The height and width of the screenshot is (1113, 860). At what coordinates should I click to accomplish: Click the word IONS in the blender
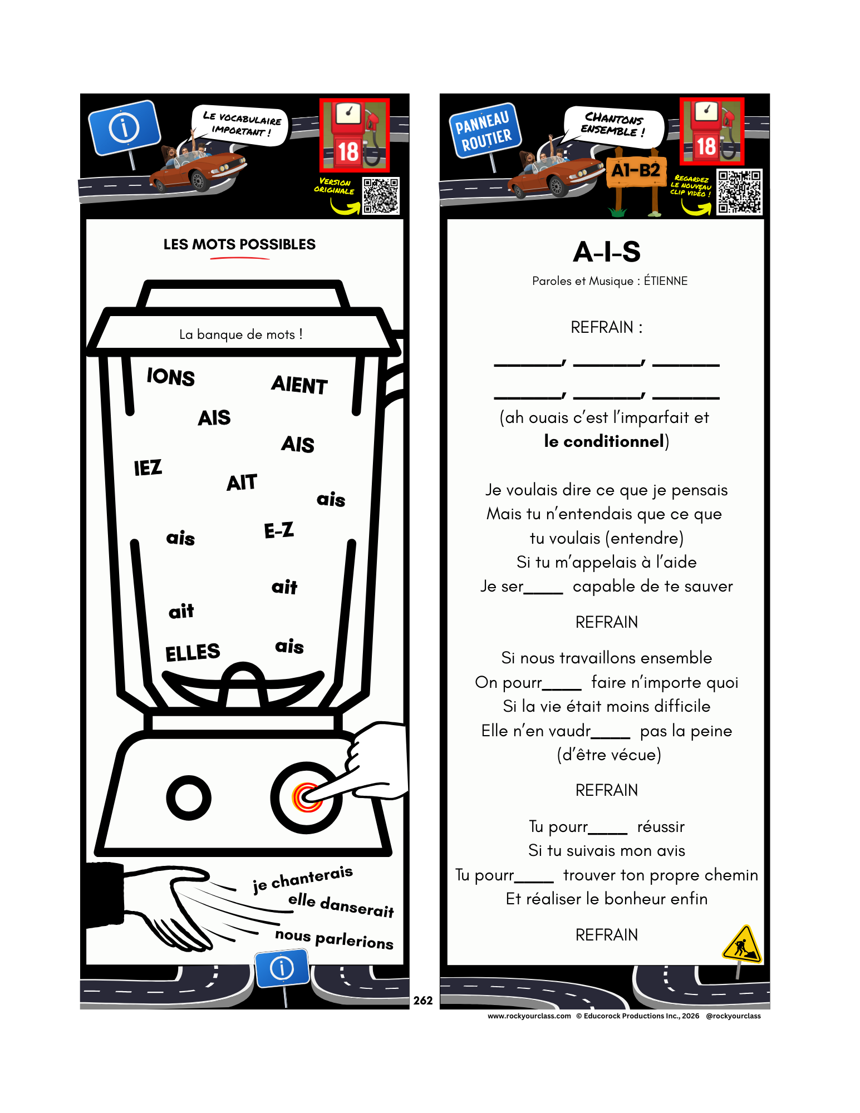[171, 377]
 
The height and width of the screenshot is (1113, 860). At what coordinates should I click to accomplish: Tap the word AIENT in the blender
[299, 385]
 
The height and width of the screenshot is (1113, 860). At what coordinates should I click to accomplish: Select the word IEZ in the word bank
[148, 467]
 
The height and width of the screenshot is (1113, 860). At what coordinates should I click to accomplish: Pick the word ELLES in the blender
[193, 652]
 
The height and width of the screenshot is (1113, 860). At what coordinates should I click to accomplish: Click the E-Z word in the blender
[279, 530]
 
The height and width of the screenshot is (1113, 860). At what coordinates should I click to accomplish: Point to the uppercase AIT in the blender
[242, 482]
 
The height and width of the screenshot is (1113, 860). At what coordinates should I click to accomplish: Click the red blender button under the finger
[306, 798]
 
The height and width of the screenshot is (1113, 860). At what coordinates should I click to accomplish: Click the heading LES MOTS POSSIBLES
[239, 244]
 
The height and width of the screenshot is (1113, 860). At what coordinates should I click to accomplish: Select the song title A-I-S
[607, 252]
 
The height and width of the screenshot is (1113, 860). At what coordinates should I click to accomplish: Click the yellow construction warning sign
[741, 944]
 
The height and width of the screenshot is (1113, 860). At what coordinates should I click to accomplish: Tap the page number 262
[423, 1001]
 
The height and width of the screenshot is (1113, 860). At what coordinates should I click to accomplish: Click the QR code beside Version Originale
[381, 196]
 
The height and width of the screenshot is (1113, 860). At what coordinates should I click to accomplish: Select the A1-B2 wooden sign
[636, 170]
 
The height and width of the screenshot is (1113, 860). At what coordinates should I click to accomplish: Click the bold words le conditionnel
[604, 441]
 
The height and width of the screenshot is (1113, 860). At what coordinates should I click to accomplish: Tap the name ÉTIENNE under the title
[666, 281]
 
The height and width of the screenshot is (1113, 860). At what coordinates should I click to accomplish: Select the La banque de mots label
[241, 334]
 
